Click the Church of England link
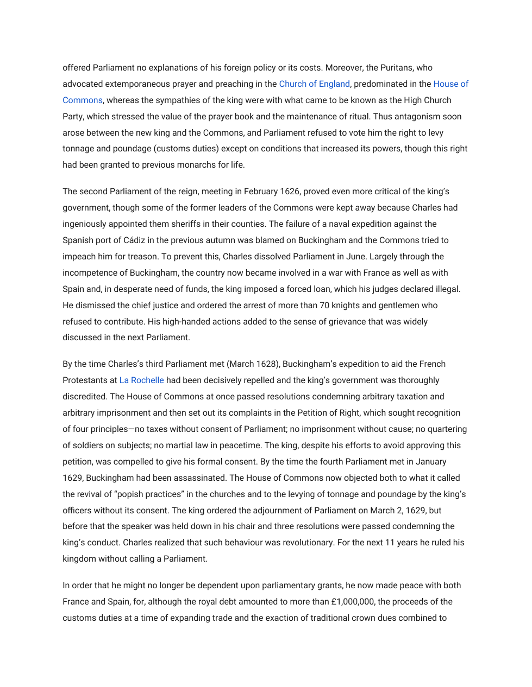(314, 84)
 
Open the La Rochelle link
(141, 380)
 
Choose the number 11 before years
(390, 543)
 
